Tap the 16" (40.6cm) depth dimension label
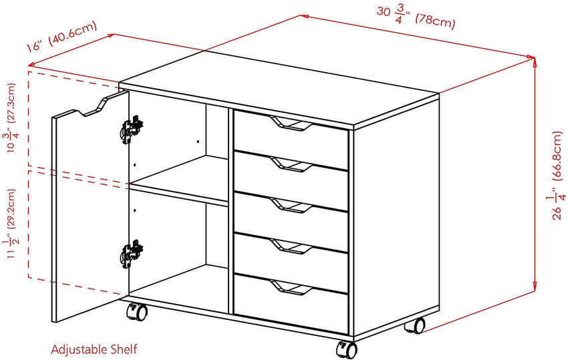tap(61, 36)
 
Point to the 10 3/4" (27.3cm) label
tap(11, 118)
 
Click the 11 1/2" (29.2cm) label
tap(11, 224)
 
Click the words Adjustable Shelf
tap(94, 349)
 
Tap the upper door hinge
tap(132, 130)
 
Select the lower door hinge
tap(132, 254)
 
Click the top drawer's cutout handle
tap(291, 124)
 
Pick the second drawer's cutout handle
tap(291, 164)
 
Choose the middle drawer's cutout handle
tap(291, 205)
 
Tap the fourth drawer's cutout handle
tap(291, 246)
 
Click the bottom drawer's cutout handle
tap(291, 288)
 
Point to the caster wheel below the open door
tap(137, 312)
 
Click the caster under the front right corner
tap(347, 349)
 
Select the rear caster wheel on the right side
tap(415, 325)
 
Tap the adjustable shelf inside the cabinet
tap(179, 181)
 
